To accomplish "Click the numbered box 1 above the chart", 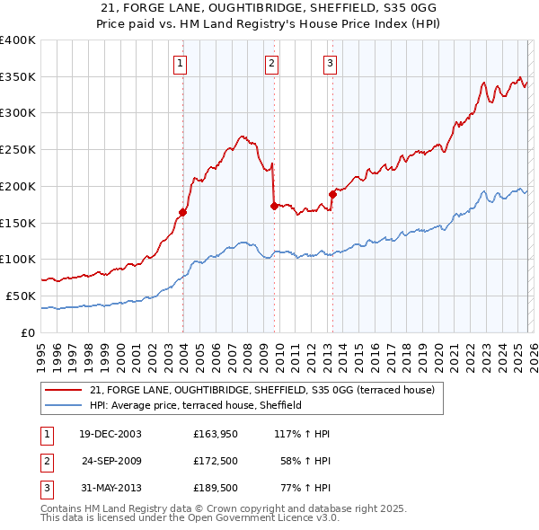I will [x=181, y=63].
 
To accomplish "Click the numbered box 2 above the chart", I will [x=271, y=63].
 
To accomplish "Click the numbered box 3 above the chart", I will [x=330, y=63].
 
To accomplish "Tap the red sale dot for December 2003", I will [x=182, y=213].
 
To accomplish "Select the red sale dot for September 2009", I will [x=274, y=206].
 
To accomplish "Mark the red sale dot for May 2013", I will [x=332, y=193].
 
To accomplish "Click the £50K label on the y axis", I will [x=21, y=296].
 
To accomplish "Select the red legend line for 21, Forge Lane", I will [x=64, y=390].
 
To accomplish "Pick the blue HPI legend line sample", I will [x=64, y=405].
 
